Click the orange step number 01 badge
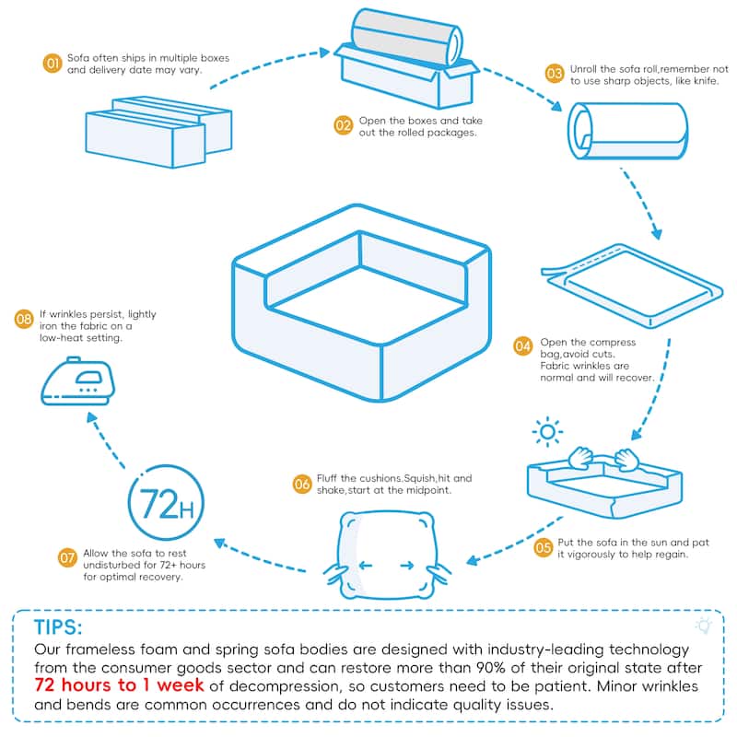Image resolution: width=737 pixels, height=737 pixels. [53, 64]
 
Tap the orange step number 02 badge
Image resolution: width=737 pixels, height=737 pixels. [343, 125]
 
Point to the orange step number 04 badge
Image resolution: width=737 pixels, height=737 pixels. [523, 346]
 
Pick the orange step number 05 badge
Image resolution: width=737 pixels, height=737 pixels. [543, 547]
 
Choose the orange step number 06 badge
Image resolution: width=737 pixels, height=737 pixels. [302, 484]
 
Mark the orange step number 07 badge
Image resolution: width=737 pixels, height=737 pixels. [67, 557]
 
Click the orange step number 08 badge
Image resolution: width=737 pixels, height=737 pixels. [25, 320]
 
